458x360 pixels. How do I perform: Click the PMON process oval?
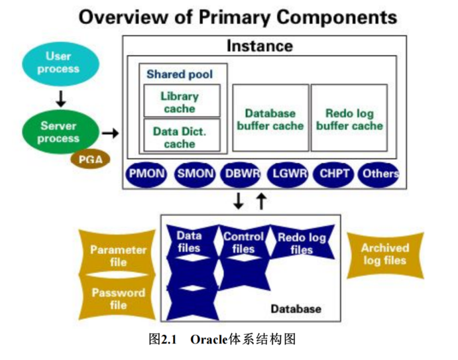tap(146, 174)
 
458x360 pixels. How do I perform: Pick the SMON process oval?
tap(196, 174)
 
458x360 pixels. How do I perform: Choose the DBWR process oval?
tap(242, 174)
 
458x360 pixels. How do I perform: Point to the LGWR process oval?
tap(287, 174)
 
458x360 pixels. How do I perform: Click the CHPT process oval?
tap(333, 174)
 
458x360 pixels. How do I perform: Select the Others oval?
tap(378, 174)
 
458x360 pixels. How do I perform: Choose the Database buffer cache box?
tap(270, 119)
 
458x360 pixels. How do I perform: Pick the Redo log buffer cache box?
tap(349, 119)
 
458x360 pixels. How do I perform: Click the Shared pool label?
tap(180, 74)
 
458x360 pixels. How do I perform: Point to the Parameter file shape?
tap(118, 256)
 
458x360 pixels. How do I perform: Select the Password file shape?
tap(118, 298)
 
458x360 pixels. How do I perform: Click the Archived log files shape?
tap(385, 254)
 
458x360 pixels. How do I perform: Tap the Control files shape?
tap(243, 243)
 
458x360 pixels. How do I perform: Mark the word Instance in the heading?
tap(259, 46)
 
